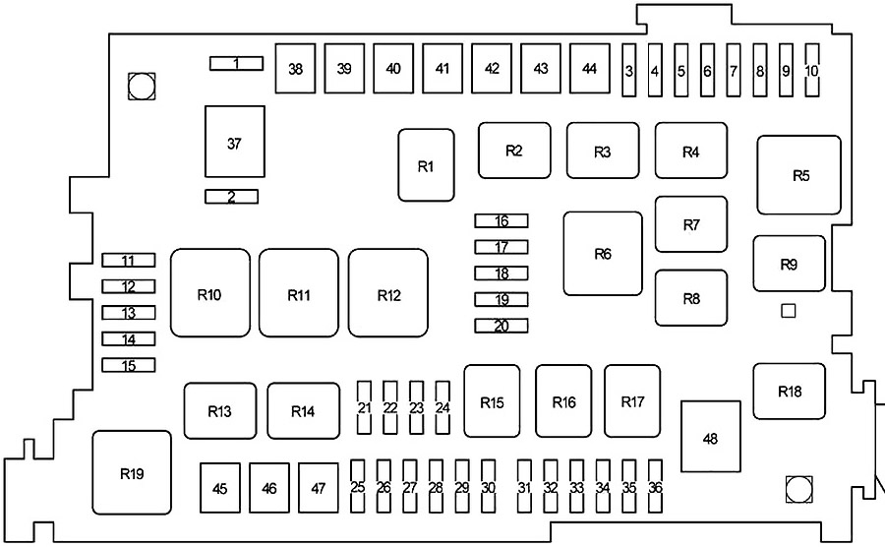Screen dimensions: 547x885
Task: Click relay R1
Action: pyautogui.click(x=426, y=166)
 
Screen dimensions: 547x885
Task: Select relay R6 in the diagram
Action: pyautogui.click(x=603, y=254)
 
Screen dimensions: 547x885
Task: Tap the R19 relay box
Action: pyautogui.click(x=132, y=474)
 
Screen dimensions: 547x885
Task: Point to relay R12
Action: pyautogui.click(x=388, y=293)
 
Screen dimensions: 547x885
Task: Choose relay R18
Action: pyautogui.click(x=790, y=392)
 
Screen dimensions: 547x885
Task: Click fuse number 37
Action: pyautogui.click(x=234, y=144)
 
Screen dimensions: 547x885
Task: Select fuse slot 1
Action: pyautogui.click(x=236, y=64)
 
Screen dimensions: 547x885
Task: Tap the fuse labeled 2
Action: pyautogui.click(x=231, y=197)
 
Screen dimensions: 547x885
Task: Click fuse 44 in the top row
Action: pyautogui.click(x=590, y=69)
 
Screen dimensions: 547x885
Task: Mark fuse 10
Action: pyautogui.click(x=811, y=71)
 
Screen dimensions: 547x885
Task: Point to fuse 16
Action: pyautogui.click(x=501, y=221)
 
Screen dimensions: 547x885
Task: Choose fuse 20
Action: pyautogui.click(x=501, y=327)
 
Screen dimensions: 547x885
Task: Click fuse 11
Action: pyautogui.click(x=128, y=261)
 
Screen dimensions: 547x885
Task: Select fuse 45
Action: pyautogui.click(x=220, y=489)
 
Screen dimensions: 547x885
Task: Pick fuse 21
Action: pyautogui.click(x=364, y=408)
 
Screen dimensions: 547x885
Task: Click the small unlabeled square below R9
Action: pyautogui.click(x=787, y=312)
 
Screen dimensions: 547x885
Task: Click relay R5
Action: pyautogui.click(x=799, y=176)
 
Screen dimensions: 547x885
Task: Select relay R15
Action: pyautogui.click(x=492, y=401)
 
